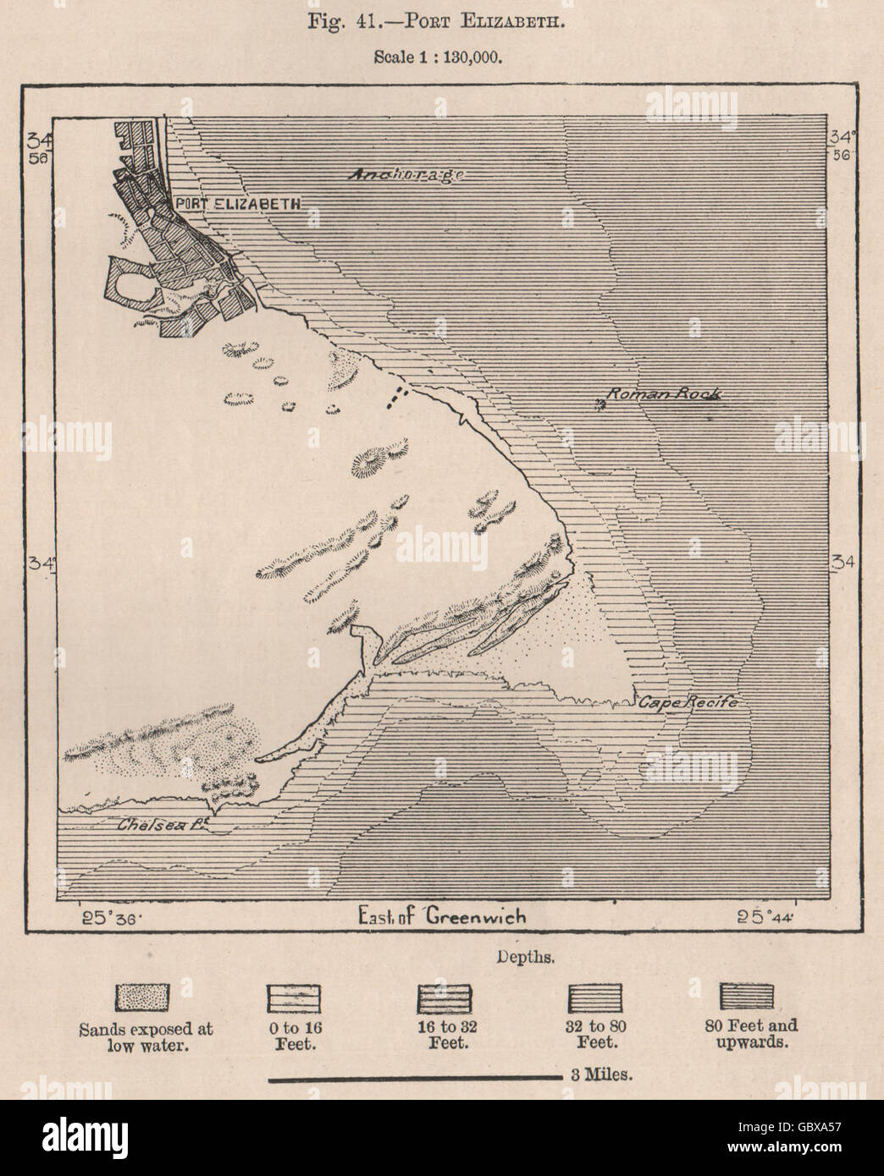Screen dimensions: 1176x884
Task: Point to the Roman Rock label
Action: (x=667, y=394)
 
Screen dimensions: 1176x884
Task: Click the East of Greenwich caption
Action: (x=442, y=916)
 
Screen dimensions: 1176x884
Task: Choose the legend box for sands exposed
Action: (x=146, y=997)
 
